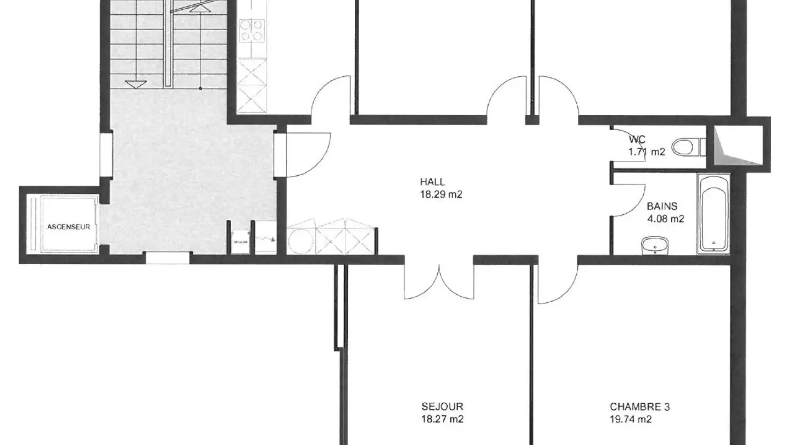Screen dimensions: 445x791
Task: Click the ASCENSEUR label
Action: (x=68, y=226)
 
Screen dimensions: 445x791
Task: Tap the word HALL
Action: (x=432, y=182)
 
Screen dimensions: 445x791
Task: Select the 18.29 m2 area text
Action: (x=441, y=194)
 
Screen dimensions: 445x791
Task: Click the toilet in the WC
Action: (x=687, y=147)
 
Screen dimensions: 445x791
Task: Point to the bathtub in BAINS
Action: (x=714, y=213)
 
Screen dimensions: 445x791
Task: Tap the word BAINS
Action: (x=662, y=207)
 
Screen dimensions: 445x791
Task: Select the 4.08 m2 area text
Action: (x=666, y=219)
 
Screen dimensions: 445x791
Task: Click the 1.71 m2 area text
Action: (x=647, y=152)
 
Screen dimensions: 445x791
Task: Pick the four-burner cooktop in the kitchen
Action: (x=252, y=30)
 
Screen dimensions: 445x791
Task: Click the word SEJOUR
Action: (x=442, y=407)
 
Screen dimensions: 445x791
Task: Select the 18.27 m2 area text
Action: (x=442, y=419)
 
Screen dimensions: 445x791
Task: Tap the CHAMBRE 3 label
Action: (x=639, y=407)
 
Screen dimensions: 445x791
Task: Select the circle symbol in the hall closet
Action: (x=300, y=241)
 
